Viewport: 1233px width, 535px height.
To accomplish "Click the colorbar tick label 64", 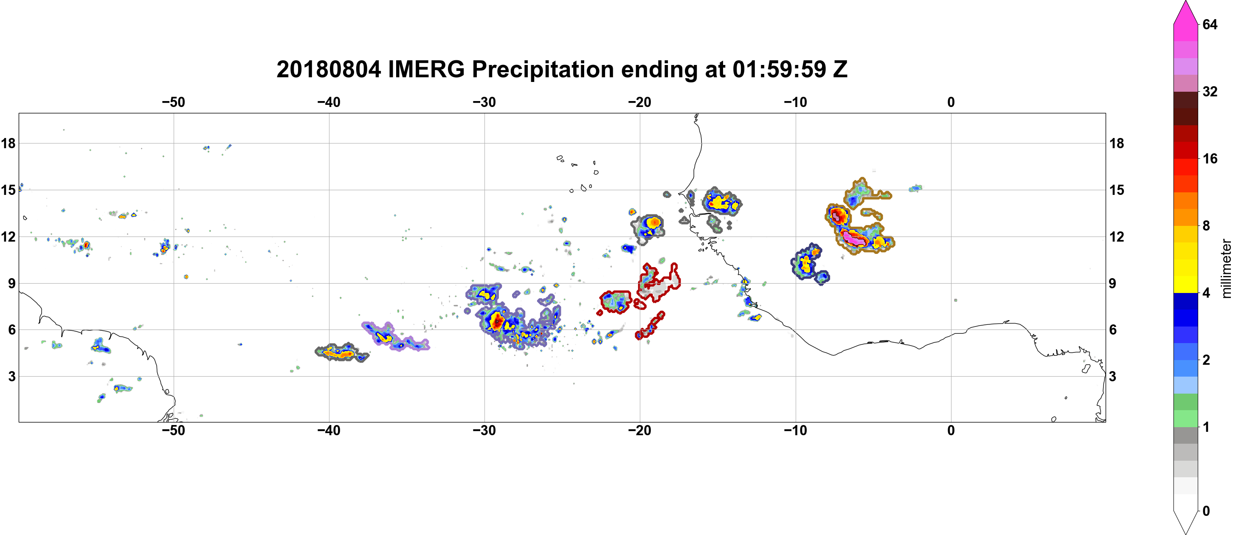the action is tap(1210, 24).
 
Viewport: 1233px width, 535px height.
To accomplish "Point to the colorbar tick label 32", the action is tap(1210, 91).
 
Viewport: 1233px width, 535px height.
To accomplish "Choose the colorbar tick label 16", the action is tap(1210, 159).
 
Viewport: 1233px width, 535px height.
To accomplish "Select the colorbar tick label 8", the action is tap(1206, 226).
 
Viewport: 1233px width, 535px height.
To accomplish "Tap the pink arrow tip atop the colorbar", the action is tap(1185, 2).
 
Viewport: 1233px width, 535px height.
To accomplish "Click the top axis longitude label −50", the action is tap(173, 102).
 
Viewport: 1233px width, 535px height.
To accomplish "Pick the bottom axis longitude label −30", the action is tap(484, 431).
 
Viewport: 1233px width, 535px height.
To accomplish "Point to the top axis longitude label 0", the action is tap(951, 102).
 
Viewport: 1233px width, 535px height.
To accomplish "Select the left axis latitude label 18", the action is tap(8, 143).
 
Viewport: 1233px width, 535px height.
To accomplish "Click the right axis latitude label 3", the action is tap(1112, 377).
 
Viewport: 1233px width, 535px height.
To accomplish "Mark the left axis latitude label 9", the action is tap(12, 283).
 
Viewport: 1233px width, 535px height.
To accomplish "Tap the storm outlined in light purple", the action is tap(395, 337).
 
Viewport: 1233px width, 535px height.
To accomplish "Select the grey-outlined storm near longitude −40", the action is tap(342, 353).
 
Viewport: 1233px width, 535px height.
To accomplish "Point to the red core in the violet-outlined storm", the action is tap(497, 321).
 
